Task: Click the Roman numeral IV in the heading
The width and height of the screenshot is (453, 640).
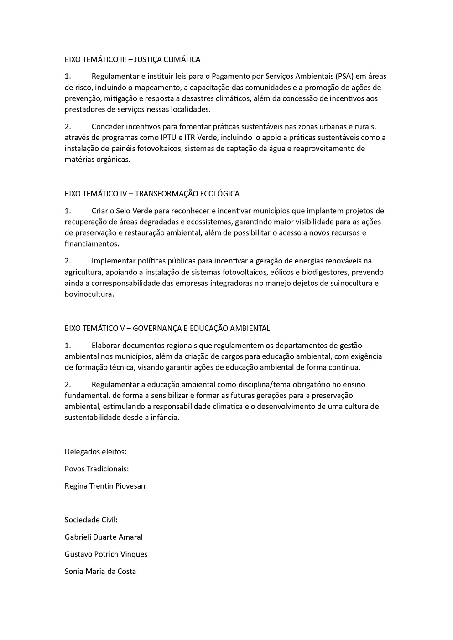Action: pyautogui.click(x=123, y=194)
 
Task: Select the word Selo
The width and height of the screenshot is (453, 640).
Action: pyautogui.click(x=123, y=211)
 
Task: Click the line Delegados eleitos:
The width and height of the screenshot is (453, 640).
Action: pyautogui.click(x=95, y=452)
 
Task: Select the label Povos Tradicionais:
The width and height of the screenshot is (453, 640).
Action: pyautogui.click(x=97, y=469)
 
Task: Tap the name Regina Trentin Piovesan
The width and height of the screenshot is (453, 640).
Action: pyautogui.click(x=105, y=486)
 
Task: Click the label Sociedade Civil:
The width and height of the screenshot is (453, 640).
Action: pyautogui.click(x=91, y=520)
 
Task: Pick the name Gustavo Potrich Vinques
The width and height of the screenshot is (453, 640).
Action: pyautogui.click(x=106, y=554)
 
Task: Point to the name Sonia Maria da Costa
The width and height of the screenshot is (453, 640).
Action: pyautogui.click(x=100, y=571)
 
